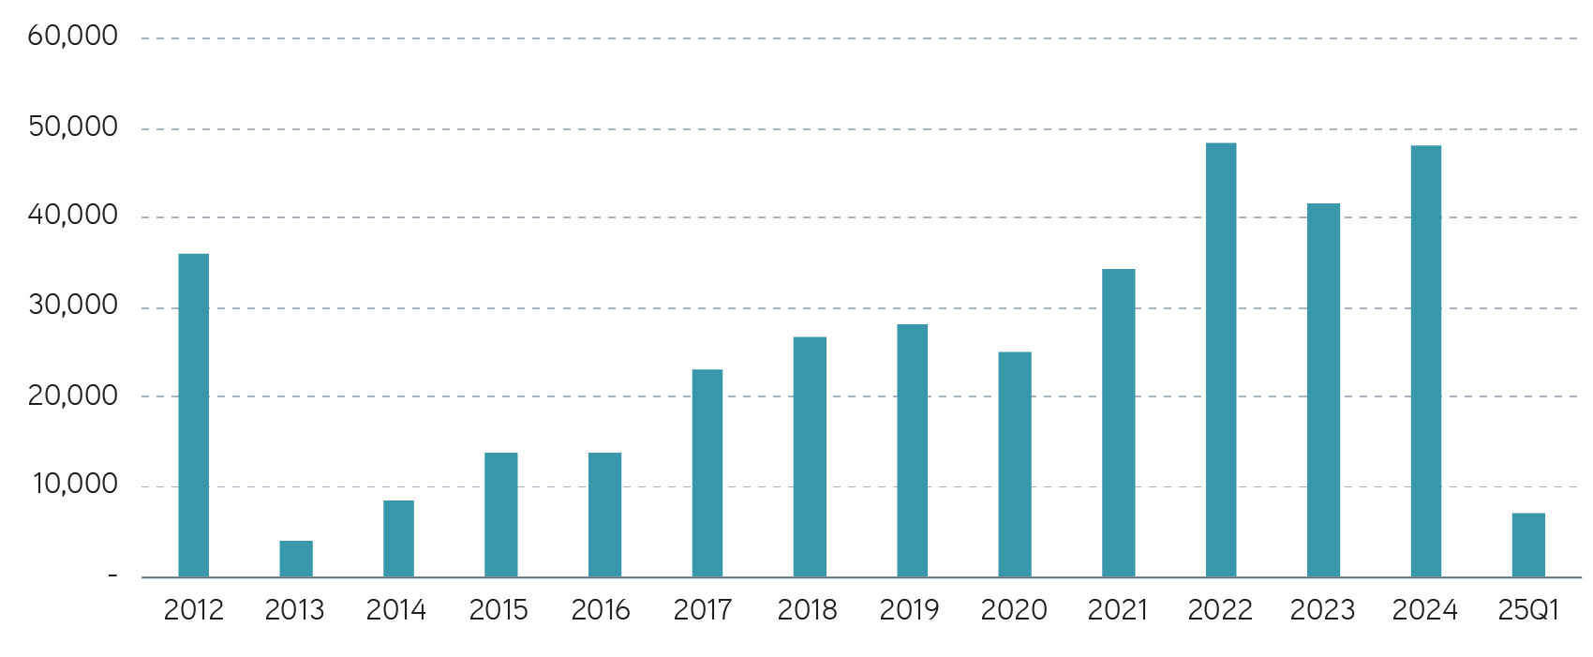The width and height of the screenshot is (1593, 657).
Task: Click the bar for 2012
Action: [194, 415]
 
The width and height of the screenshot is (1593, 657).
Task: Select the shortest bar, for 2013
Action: [296, 559]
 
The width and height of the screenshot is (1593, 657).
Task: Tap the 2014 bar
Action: [398, 539]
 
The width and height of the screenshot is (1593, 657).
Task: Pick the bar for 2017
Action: [707, 473]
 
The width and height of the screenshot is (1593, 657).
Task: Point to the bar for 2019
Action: [912, 451]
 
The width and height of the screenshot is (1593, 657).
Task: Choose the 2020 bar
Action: [1015, 465]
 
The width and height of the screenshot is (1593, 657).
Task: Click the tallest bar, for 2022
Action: [1221, 360]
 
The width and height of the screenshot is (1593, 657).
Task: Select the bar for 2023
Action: [1323, 390]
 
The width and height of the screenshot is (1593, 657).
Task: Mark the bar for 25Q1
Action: [1528, 545]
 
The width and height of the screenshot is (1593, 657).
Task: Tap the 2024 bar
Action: [1426, 362]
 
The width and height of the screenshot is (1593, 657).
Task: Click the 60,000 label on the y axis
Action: [73, 37]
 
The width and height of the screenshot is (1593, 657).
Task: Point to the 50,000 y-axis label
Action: [73, 127]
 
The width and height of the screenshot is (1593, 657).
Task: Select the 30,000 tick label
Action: [73, 306]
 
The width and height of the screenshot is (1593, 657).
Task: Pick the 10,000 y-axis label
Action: [75, 485]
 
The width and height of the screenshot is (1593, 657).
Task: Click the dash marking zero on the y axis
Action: [112, 575]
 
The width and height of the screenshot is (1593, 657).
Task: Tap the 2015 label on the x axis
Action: [499, 610]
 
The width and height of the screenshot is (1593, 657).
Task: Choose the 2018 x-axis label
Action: [807, 610]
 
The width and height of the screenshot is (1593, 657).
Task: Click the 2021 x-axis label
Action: [1117, 610]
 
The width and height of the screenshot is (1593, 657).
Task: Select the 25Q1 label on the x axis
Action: [1528, 610]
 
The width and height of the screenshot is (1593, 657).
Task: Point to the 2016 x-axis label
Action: [601, 610]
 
